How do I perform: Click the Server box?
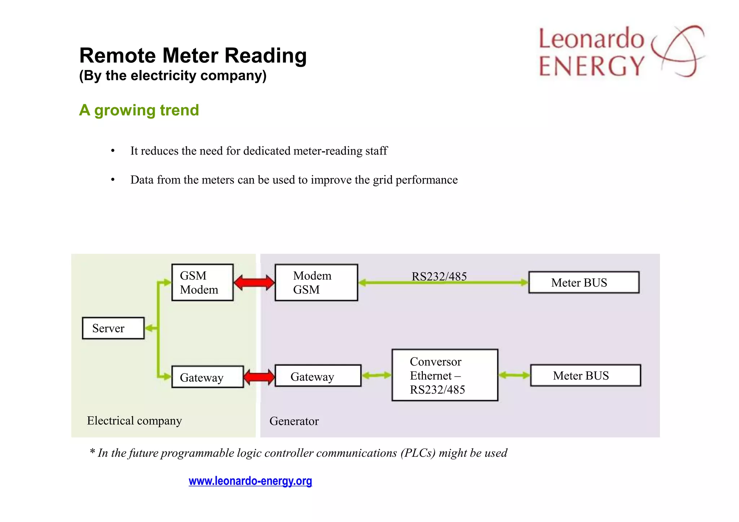113,328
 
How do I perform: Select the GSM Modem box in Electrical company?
202,283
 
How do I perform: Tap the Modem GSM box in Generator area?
316,283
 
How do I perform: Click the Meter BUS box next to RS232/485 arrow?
583,283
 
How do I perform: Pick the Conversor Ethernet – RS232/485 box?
445,375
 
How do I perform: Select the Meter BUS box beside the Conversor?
585,376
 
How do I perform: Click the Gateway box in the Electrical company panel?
207,377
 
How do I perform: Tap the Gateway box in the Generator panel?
318,376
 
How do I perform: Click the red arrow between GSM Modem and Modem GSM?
254,283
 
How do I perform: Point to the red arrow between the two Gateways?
259,377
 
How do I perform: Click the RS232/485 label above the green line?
439,276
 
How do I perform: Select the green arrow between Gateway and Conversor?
376,376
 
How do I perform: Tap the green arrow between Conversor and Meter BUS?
514,376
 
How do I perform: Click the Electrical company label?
134,421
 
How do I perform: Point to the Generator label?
294,421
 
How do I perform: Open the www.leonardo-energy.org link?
250,481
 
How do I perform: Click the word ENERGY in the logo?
592,66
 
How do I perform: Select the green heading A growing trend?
139,110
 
